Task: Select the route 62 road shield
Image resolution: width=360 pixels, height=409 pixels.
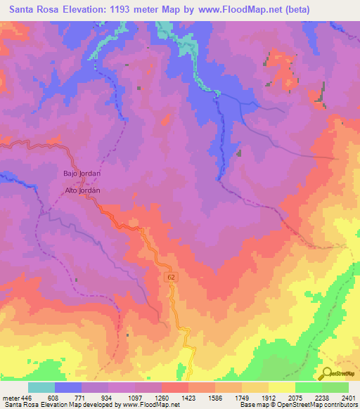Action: [172, 278]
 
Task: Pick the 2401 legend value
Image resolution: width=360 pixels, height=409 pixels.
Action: [349, 397]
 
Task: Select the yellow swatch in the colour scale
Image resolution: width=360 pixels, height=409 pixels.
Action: [281, 387]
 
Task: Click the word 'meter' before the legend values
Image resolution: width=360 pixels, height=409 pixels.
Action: [11, 397]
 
